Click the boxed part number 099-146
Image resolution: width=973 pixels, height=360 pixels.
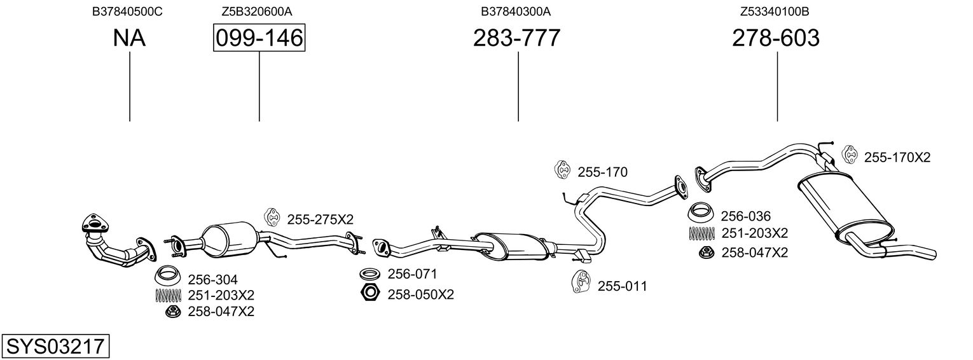[x=259, y=38]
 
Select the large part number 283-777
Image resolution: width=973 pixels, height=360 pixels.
[x=516, y=38]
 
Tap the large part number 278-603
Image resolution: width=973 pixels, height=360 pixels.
[x=775, y=38]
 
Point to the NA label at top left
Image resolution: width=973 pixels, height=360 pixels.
[x=129, y=38]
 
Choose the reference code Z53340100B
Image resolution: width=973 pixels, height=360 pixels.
[x=775, y=11]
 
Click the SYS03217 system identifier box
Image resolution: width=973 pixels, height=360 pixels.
[x=55, y=347]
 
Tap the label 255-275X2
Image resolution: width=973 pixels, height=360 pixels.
[x=320, y=219]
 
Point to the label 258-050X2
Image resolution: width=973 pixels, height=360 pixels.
[x=421, y=294]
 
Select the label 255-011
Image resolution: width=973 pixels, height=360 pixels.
[x=622, y=286]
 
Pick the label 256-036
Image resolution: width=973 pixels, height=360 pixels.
[x=745, y=216]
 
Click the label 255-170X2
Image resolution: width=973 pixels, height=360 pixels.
[x=897, y=157]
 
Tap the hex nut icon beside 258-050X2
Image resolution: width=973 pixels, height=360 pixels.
[x=369, y=293]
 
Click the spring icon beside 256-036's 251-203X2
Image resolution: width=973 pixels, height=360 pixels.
[x=701, y=233]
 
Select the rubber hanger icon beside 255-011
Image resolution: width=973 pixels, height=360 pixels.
[x=581, y=282]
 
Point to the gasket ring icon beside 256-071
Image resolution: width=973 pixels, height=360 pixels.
[x=369, y=274]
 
